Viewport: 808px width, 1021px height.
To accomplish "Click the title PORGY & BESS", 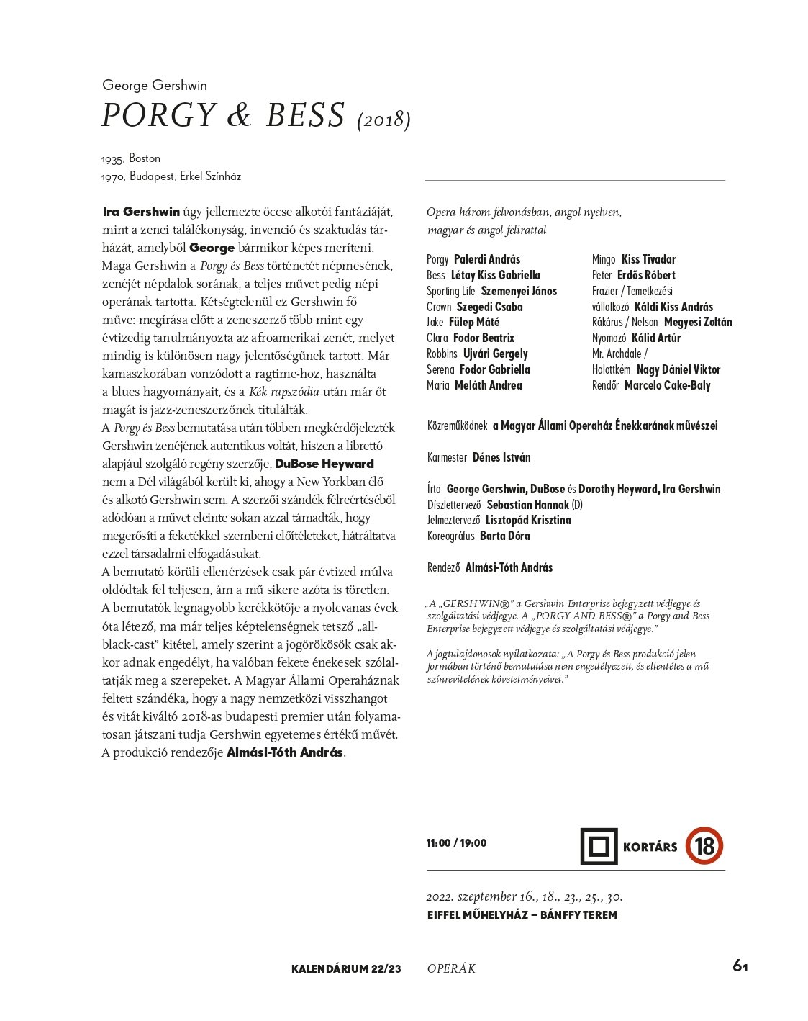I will [223, 115].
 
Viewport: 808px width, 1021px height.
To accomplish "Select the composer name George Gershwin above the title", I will [155, 85].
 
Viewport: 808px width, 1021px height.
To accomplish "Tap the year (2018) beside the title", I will [383, 120].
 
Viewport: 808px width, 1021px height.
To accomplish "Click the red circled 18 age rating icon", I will [704, 846].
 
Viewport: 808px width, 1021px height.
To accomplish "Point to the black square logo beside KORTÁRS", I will [599, 846].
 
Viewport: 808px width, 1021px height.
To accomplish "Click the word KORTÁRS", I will [650, 847].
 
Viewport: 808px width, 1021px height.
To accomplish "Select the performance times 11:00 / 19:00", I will [456, 843].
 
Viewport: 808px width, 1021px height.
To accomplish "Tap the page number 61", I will [740, 966].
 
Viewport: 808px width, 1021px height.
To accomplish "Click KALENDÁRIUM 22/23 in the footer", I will [346, 969].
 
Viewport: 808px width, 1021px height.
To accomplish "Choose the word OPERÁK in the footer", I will [451, 969].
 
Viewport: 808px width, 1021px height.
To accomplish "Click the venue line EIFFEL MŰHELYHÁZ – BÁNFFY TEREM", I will [522, 915].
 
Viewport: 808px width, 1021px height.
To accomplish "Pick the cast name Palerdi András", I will [487, 259].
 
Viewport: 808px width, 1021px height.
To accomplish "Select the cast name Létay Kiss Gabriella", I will [495, 275].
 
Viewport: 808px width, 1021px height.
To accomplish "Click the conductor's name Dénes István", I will [501, 457].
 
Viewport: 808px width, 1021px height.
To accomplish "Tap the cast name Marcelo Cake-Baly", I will [667, 385].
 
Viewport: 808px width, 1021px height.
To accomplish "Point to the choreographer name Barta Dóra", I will [504, 536].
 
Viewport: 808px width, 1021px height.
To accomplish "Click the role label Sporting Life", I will [450, 291].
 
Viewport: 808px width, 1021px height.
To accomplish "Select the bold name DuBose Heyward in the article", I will [324, 464].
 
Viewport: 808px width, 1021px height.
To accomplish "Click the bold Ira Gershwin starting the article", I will [141, 212].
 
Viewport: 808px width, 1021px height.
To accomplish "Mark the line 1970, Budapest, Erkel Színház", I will [171, 176].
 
